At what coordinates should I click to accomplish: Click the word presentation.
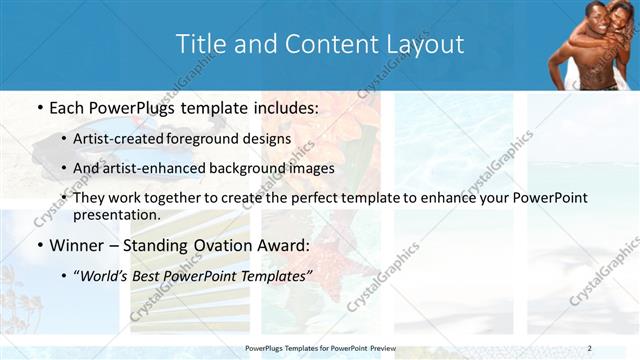click(x=115, y=215)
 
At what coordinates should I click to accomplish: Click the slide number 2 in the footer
click(x=589, y=347)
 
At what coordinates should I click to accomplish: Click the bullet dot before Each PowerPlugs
click(x=37, y=107)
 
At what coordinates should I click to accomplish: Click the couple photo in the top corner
click(x=593, y=44)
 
